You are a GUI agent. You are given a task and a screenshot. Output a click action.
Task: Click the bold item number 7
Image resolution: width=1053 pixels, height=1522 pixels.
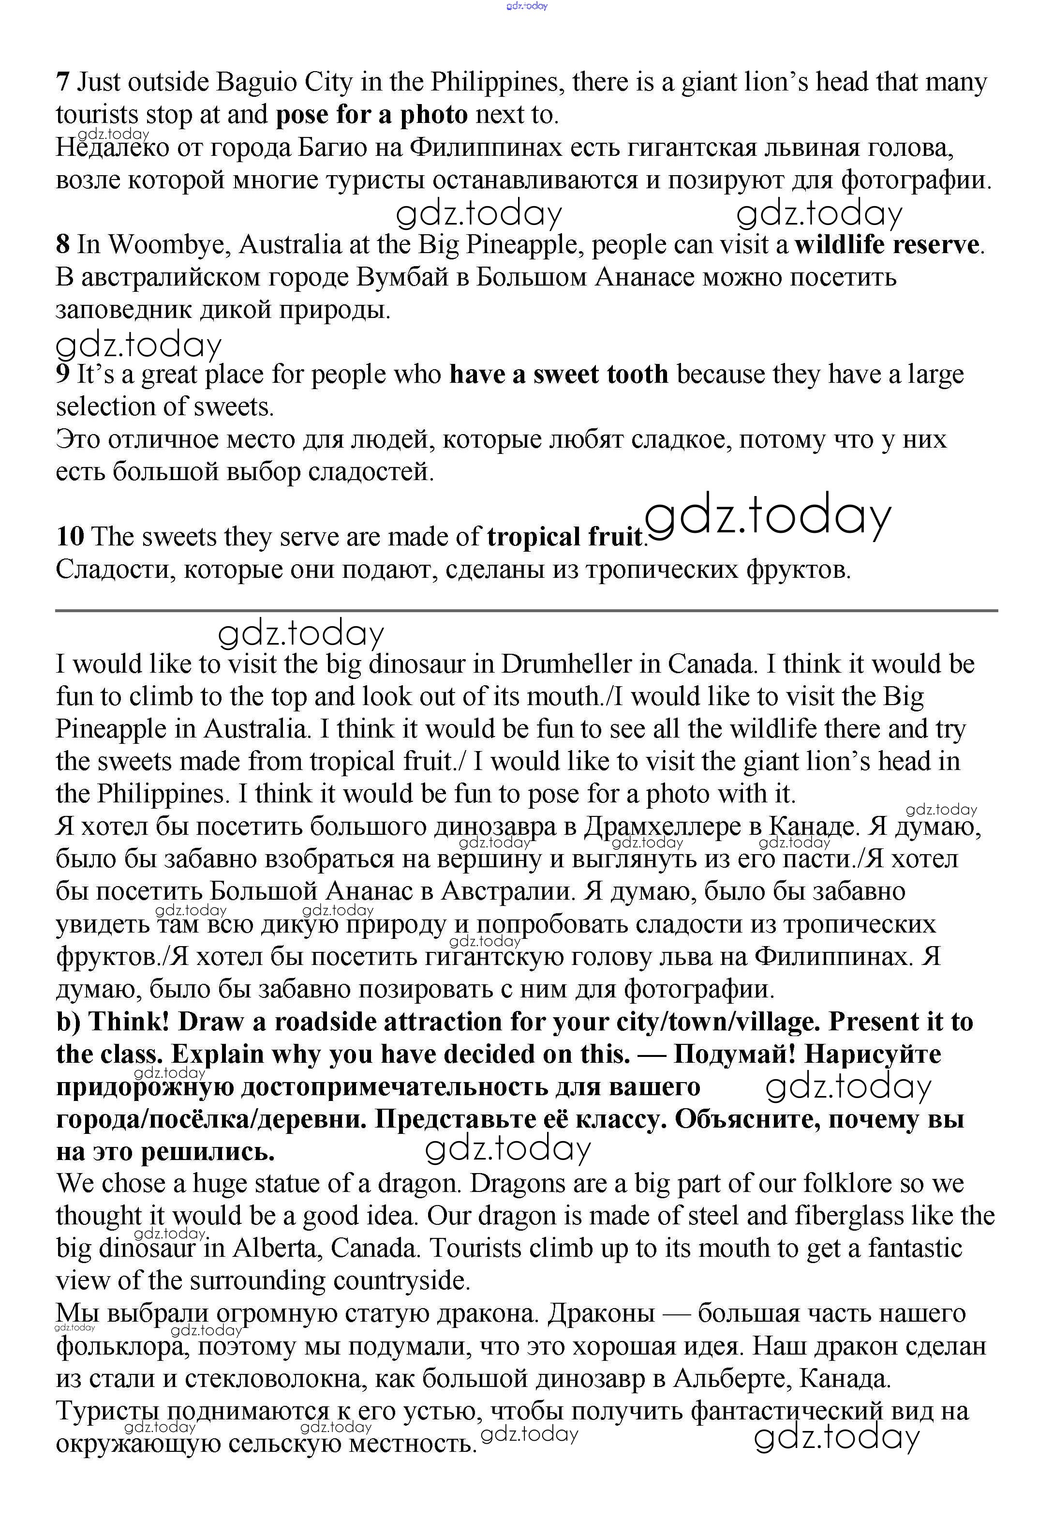(63, 82)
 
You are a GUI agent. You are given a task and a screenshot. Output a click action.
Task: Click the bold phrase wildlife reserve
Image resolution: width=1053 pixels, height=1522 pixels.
(887, 245)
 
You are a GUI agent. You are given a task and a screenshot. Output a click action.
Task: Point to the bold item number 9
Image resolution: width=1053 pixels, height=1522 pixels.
(63, 374)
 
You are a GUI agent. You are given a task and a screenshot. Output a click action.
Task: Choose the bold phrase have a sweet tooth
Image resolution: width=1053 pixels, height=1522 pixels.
(559, 374)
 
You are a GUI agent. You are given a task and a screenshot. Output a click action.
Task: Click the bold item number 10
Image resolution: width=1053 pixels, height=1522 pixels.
(70, 537)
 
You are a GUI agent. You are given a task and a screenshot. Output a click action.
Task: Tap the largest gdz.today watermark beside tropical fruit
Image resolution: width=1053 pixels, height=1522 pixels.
(768, 518)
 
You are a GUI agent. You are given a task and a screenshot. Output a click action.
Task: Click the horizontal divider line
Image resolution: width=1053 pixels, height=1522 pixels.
(526, 611)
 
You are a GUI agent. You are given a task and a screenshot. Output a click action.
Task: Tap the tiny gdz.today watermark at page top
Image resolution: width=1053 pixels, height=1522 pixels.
(526, 6)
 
